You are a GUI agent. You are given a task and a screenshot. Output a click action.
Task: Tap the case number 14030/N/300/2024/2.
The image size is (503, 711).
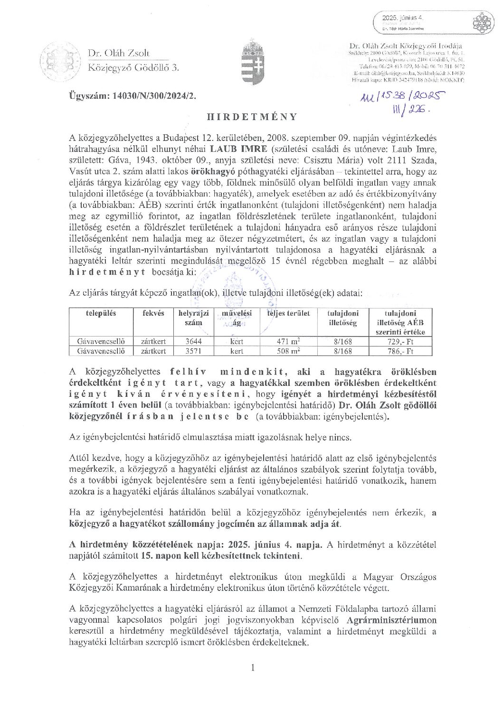(x=132, y=95)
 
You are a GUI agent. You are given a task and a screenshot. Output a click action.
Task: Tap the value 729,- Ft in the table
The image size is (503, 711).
(x=401, y=341)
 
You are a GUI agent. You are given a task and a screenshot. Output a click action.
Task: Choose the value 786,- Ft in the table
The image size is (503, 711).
(x=401, y=351)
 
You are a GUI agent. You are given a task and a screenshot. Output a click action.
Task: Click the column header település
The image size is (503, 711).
(x=101, y=313)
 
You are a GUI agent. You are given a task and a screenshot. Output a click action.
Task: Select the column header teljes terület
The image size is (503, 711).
(x=288, y=313)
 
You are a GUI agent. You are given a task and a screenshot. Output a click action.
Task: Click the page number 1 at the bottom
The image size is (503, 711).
(x=253, y=668)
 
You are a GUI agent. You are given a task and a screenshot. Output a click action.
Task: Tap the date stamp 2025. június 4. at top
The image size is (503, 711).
(x=404, y=18)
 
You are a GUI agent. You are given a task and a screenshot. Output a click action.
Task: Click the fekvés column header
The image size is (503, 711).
(x=153, y=313)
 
